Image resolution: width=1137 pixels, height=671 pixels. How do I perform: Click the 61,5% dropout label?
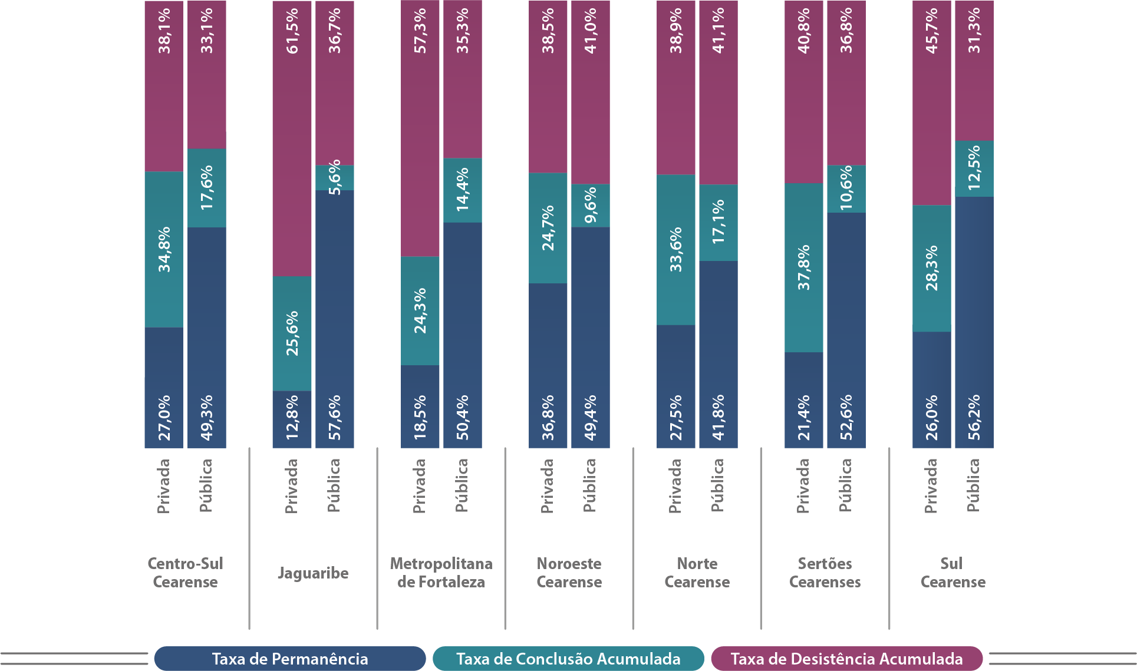click(292, 31)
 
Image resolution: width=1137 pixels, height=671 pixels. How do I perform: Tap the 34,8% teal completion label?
click(164, 249)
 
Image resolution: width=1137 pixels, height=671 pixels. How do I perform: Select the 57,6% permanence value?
click(335, 417)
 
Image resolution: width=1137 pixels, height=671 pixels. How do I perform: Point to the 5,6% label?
click(335, 177)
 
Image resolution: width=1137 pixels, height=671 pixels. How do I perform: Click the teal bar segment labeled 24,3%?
click(420, 310)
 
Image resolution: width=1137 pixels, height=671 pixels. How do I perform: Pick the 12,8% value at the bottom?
click(292, 417)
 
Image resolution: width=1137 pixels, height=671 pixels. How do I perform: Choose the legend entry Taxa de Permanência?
click(290, 659)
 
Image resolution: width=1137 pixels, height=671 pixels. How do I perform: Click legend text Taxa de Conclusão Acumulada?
click(568, 659)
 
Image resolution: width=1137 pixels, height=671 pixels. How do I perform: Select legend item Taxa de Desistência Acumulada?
click(846, 659)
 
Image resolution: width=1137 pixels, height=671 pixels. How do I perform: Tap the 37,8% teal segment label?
click(804, 267)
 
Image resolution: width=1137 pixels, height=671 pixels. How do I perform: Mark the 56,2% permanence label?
click(974, 417)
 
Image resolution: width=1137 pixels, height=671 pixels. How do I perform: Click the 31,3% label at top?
click(974, 31)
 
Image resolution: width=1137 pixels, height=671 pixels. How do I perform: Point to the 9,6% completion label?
click(591, 204)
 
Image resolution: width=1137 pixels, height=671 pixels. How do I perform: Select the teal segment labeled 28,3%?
click(932, 268)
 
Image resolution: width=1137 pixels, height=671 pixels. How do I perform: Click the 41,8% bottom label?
click(719, 417)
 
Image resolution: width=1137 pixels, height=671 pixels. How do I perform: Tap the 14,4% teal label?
click(463, 190)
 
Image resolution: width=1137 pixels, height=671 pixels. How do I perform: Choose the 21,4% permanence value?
click(804, 417)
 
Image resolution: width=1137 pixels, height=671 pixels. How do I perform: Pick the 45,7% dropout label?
click(932, 31)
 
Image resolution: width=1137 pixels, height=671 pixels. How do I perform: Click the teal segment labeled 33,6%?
click(676, 249)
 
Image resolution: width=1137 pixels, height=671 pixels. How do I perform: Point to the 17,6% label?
click(207, 187)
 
